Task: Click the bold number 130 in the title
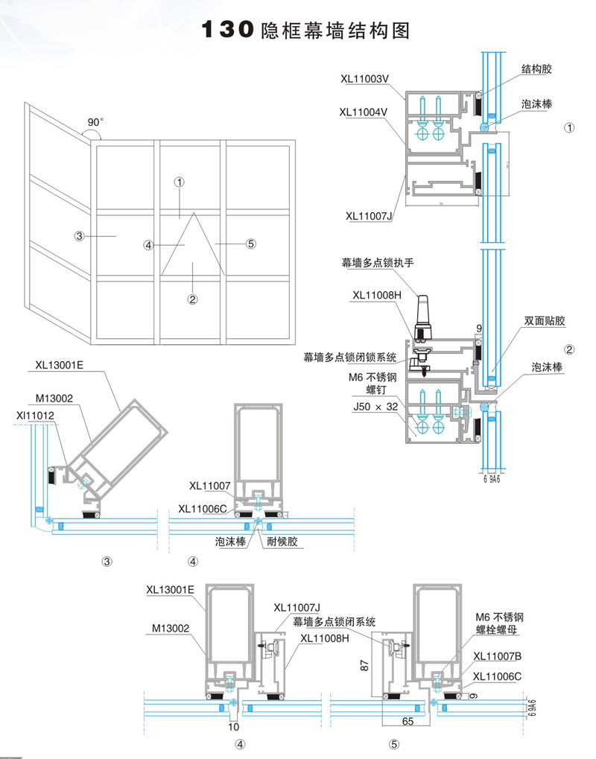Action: [x=229, y=30]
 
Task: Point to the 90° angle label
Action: [x=95, y=121]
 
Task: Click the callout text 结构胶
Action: [x=536, y=69]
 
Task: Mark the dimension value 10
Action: [x=234, y=725]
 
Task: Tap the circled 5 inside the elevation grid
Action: [x=250, y=243]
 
